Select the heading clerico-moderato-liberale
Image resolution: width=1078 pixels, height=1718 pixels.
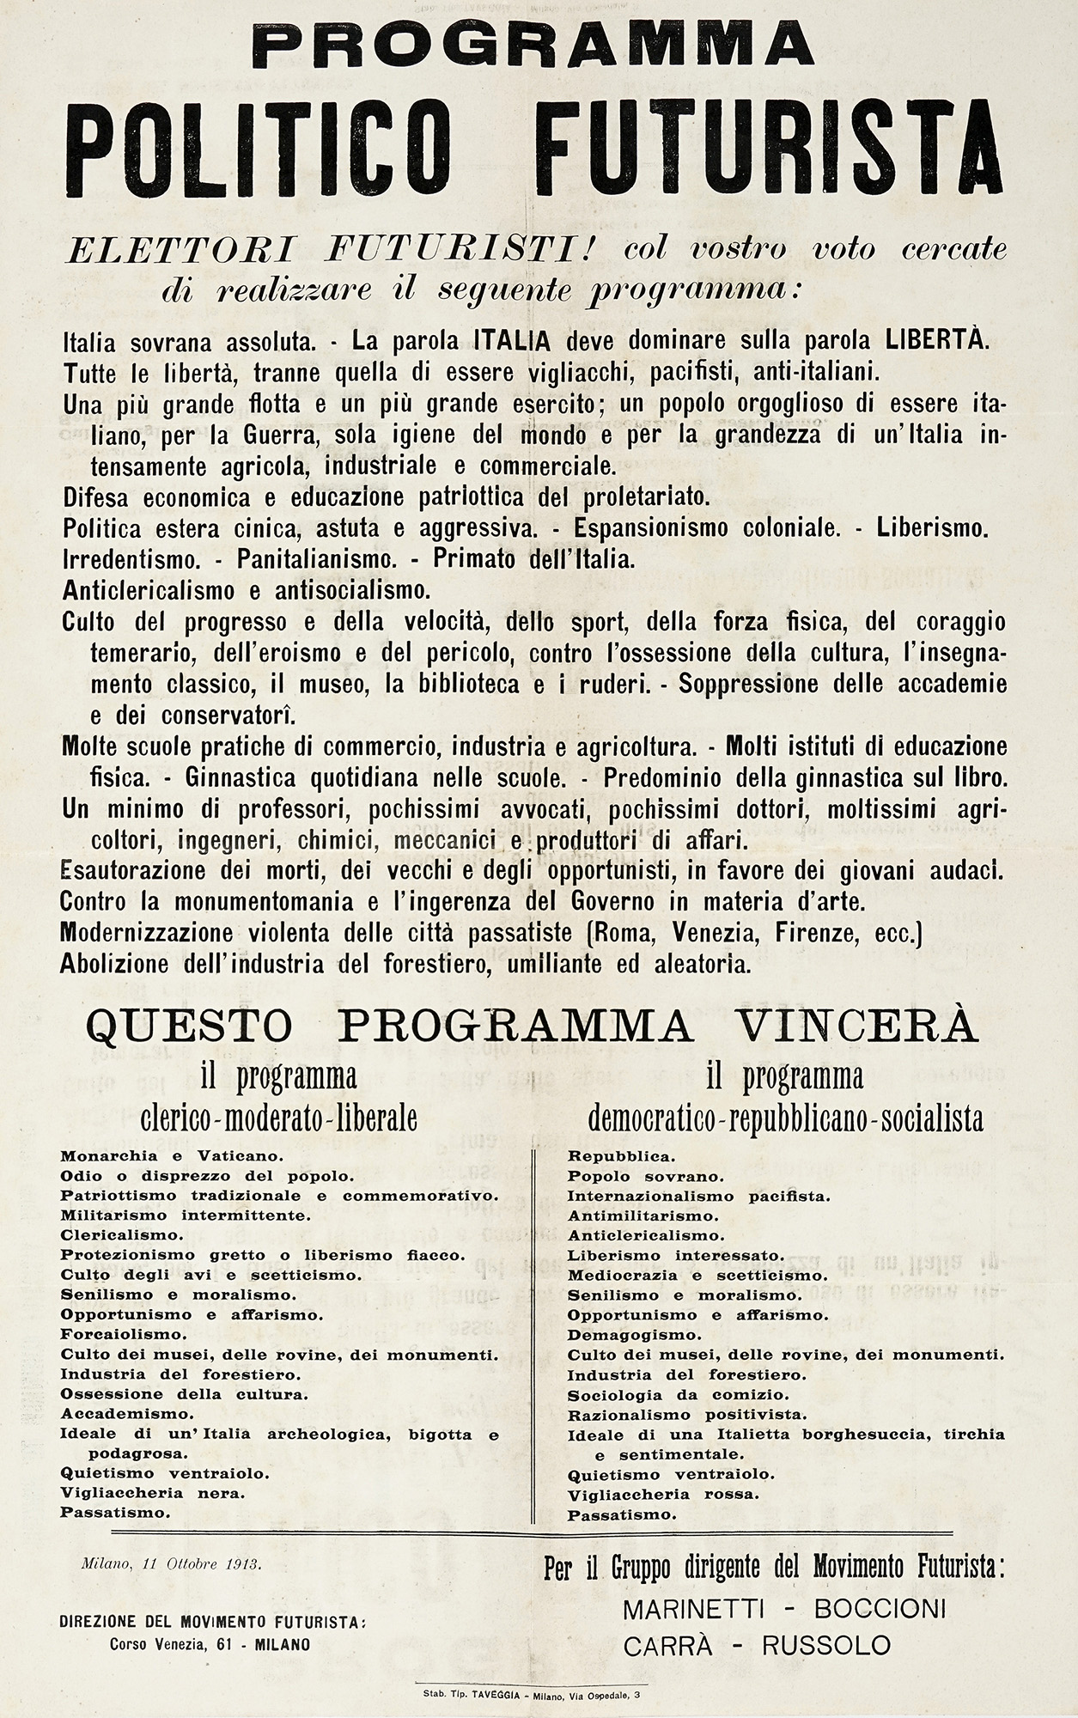point(279,1118)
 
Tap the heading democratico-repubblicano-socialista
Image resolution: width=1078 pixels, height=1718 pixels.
point(785,1118)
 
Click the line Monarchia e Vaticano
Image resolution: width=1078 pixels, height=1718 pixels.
point(142,1156)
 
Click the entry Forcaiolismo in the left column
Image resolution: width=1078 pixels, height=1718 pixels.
point(124,1334)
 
